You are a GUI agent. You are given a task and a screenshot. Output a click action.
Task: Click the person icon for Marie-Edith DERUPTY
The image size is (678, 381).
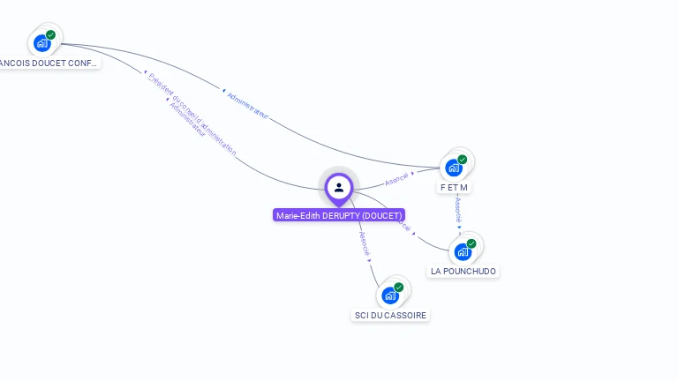click(x=339, y=187)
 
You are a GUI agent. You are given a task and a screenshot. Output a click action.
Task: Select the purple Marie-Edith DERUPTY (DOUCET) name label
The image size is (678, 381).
click(x=339, y=215)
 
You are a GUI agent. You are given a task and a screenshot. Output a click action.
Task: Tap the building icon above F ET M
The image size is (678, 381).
click(x=453, y=168)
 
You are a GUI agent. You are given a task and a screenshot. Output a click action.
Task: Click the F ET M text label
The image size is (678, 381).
click(x=454, y=188)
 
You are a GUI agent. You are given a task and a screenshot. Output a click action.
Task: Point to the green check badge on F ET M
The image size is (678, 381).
click(x=463, y=160)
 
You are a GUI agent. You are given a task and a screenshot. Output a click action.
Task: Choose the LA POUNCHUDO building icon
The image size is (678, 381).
click(x=463, y=251)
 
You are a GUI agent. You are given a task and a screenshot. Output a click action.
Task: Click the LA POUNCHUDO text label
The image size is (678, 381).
click(x=463, y=272)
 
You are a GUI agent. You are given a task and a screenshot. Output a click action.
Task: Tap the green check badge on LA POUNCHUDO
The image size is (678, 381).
click(x=471, y=243)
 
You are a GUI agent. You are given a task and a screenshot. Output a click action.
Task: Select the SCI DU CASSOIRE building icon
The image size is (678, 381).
click(x=390, y=295)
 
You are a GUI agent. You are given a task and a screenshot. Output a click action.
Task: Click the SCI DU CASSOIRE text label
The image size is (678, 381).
click(x=390, y=316)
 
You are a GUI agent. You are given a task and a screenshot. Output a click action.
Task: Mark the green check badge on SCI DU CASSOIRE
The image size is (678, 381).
click(x=399, y=288)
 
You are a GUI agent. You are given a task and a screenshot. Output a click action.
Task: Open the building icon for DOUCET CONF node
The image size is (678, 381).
click(x=41, y=42)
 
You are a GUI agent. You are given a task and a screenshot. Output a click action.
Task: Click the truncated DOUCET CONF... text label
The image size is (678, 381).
click(x=49, y=63)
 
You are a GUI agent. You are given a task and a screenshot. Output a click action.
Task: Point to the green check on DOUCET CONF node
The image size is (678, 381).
click(x=51, y=35)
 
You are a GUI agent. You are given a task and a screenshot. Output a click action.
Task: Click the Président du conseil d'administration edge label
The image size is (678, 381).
click(x=192, y=114)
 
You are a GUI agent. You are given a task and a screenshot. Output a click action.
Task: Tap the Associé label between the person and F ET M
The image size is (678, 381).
click(x=396, y=179)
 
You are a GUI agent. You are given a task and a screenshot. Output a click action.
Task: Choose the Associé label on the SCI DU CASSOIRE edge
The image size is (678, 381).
click(x=364, y=243)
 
